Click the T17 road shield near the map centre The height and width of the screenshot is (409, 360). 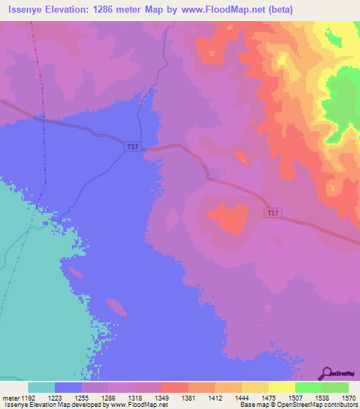tap(132, 146)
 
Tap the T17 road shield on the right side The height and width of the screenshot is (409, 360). tap(273, 212)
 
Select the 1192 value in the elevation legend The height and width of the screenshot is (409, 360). tap(28, 397)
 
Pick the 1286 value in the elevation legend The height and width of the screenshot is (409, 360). tap(108, 397)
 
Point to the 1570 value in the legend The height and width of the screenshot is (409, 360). tap(348, 397)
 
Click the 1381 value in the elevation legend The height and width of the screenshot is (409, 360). tap(188, 397)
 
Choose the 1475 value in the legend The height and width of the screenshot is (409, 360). tap(268, 397)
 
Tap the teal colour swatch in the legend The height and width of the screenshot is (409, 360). tap(41, 387)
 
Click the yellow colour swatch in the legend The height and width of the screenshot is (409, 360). tap(281, 387)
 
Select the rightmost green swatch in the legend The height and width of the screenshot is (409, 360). tap(335, 387)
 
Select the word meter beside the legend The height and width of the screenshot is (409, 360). tap(11, 397)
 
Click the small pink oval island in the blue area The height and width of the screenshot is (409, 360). tap(116, 307)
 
